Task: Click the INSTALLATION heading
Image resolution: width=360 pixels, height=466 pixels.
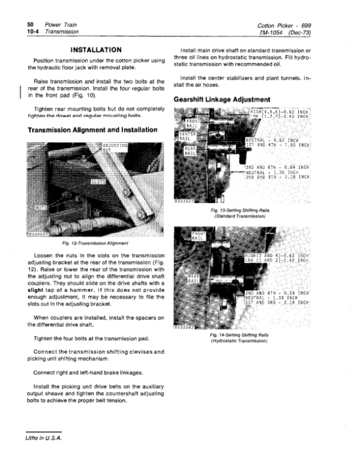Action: [97, 49]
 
